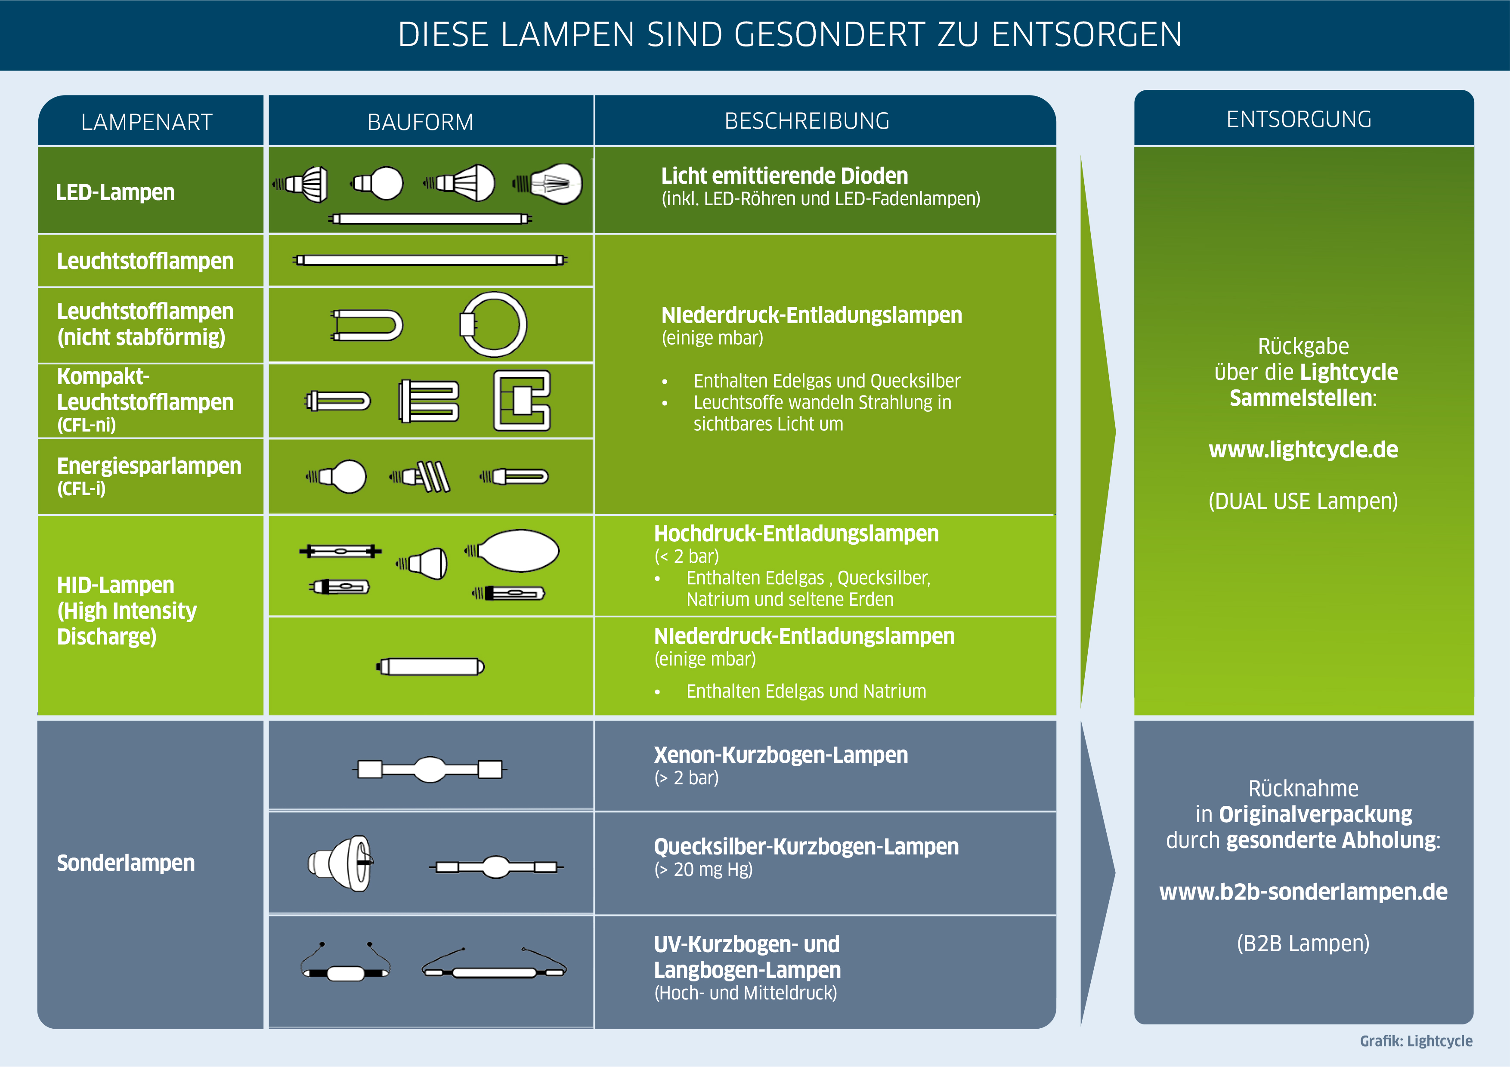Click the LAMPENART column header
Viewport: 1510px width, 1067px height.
(147, 122)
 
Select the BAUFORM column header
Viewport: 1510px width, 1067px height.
(420, 122)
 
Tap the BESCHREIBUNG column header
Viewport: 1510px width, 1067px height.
(807, 121)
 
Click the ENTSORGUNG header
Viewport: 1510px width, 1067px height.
(1299, 119)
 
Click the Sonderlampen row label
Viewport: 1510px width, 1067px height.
(126, 863)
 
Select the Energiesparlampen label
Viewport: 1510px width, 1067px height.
(149, 466)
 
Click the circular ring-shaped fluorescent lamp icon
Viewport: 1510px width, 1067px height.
(493, 324)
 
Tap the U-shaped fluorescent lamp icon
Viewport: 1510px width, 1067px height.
(367, 325)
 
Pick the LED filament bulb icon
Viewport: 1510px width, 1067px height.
(549, 183)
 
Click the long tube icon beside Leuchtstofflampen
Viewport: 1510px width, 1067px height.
(430, 260)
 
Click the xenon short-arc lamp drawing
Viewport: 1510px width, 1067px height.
(430, 769)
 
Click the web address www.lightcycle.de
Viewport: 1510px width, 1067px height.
(1303, 450)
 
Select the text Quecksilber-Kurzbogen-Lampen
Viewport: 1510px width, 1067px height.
(806, 847)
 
